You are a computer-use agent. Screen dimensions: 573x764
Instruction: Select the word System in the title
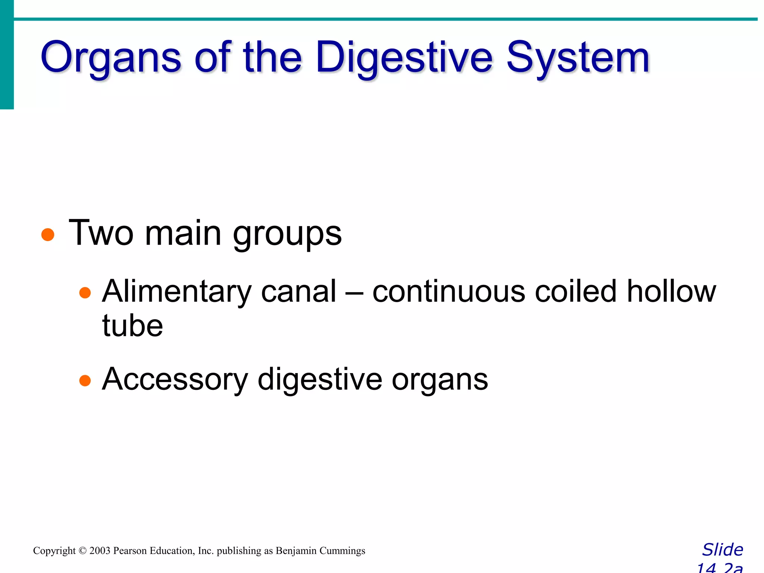(x=578, y=58)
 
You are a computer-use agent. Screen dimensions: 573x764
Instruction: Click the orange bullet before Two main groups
(x=48, y=235)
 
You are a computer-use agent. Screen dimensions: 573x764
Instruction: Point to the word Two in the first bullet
(x=101, y=233)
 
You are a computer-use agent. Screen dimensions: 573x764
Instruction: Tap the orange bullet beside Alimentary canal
(x=85, y=292)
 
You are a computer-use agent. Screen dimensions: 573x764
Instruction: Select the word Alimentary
(x=177, y=292)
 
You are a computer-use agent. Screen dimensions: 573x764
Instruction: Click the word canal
(x=298, y=292)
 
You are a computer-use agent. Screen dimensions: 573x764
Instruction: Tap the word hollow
(x=671, y=292)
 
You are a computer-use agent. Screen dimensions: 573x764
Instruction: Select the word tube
(x=132, y=325)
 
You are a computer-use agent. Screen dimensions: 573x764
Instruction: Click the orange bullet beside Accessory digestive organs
(x=85, y=381)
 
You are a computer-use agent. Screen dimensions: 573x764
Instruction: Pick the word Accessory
(x=175, y=380)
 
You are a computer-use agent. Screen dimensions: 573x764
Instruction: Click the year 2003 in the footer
(x=100, y=551)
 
